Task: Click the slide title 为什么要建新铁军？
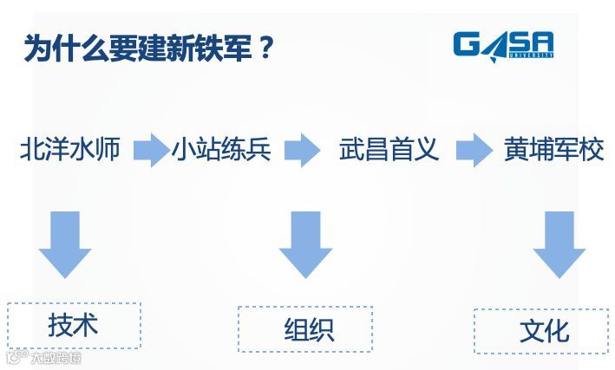148,49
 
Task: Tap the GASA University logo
503,46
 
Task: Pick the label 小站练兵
221,150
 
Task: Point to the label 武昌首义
389,150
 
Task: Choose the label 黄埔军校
553,150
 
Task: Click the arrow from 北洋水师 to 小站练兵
151,150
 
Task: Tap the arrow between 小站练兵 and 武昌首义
303,150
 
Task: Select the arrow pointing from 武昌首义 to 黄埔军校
474,150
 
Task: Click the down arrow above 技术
65,243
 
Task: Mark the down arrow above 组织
304,243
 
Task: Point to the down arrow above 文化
559,243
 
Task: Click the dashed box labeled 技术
74,325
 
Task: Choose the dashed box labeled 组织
304,328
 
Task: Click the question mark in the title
266,49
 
